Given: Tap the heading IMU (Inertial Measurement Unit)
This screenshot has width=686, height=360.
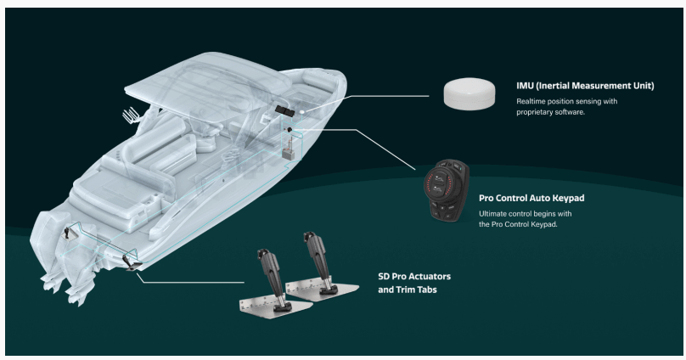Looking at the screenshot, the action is click(x=585, y=86).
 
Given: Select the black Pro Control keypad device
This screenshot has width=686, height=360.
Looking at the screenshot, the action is click(x=447, y=190).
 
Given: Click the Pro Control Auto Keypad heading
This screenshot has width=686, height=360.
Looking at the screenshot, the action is click(x=531, y=198).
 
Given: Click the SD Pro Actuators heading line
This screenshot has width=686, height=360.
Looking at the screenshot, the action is click(x=414, y=277).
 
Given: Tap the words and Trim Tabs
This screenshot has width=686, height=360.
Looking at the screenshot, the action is click(x=408, y=290).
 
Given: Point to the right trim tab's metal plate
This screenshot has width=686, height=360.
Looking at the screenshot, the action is click(x=323, y=289).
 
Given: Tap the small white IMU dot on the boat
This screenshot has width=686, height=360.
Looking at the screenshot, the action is click(x=302, y=113).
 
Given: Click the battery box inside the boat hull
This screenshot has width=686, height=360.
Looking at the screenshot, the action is click(x=288, y=154).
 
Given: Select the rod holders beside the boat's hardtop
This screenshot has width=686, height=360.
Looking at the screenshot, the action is click(x=131, y=115).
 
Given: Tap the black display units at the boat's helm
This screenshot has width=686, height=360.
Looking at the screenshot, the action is click(x=284, y=110).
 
